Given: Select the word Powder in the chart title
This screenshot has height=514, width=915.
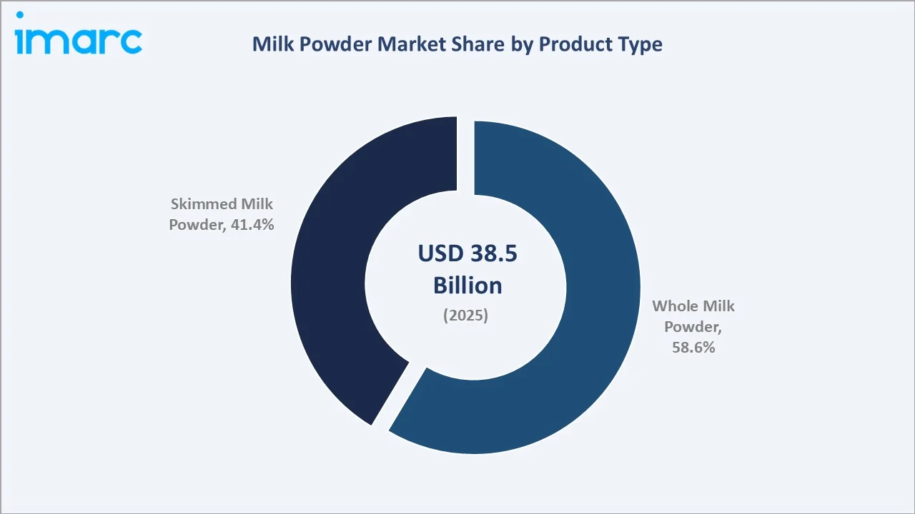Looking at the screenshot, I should point(330,44).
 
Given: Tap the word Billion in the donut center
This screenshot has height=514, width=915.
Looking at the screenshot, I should point(468,286).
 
